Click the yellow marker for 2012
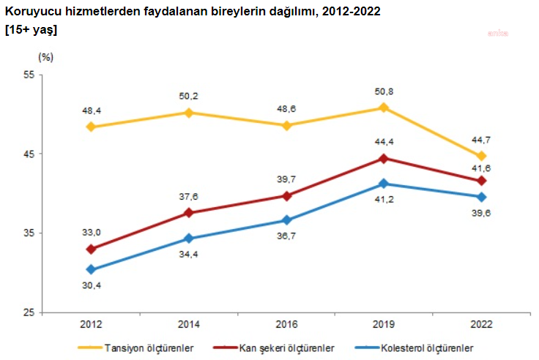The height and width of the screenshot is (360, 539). pyautogui.click(x=91, y=127)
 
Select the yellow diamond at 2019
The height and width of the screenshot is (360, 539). pyautogui.click(x=384, y=108)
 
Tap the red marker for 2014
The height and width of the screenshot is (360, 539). pyautogui.click(x=188, y=213)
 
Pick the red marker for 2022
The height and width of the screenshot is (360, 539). pyautogui.click(x=481, y=181)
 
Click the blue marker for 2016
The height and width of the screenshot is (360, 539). pyautogui.click(x=286, y=220)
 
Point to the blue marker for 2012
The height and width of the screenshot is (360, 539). pyautogui.click(x=91, y=270)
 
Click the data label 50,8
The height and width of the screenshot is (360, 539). pyautogui.click(x=384, y=92)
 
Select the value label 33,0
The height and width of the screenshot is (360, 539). pyautogui.click(x=91, y=233)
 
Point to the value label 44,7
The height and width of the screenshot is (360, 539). pyautogui.click(x=481, y=140)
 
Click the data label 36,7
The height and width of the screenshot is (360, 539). pyautogui.click(x=286, y=236)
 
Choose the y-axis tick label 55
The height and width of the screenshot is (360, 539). pyautogui.click(x=30, y=75)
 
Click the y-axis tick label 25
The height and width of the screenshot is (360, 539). pyautogui.click(x=30, y=312)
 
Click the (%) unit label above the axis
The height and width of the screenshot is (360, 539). pyautogui.click(x=45, y=56)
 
